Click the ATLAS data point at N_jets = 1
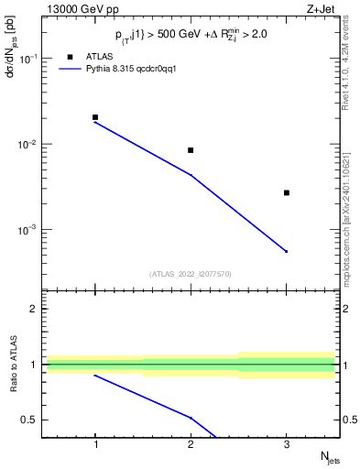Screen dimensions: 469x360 tap(95, 117)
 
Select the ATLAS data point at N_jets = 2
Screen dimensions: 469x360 tap(191, 150)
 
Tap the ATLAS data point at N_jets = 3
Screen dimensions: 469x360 tap(287, 192)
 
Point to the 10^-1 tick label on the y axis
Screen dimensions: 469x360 tap(30, 59)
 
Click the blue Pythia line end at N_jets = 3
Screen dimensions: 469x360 tap(287, 251)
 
